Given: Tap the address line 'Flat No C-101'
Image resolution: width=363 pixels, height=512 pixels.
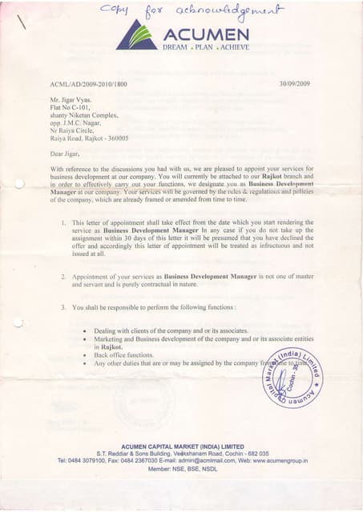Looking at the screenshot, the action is coord(72,108).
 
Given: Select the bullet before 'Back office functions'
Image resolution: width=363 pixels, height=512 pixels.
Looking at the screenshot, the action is coord(85,354).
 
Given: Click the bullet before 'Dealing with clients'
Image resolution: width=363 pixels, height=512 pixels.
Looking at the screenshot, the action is coord(85,330).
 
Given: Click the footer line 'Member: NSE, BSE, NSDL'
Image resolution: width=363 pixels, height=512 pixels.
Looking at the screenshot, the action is coord(182,470).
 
